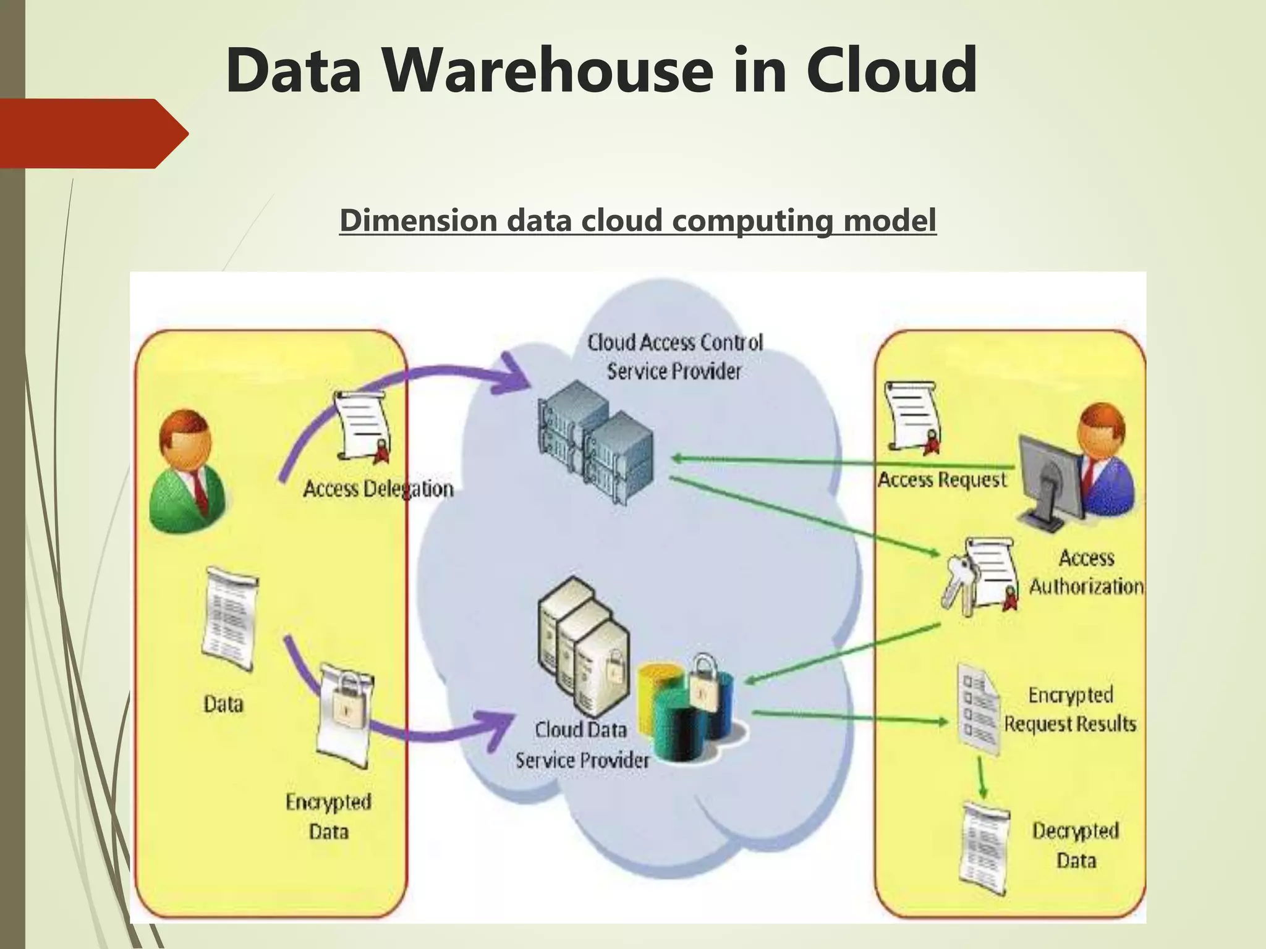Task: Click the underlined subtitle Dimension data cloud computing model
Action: (x=637, y=221)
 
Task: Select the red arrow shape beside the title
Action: (x=93, y=133)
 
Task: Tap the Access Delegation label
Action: (x=378, y=489)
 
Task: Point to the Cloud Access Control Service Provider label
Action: (x=674, y=357)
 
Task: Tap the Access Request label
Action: (x=942, y=480)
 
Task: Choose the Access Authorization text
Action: (x=1086, y=572)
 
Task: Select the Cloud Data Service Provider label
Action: (x=582, y=745)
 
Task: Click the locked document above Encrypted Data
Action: (x=346, y=714)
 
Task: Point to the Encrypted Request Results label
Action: (x=1069, y=709)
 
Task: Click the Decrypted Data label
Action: (x=1076, y=845)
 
